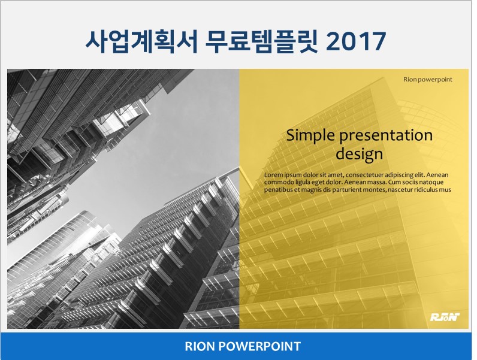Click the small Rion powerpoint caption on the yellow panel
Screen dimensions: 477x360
pyautogui.click(x=428, y=80)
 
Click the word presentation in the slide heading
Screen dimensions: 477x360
pyautogui.click(x=386, y=135)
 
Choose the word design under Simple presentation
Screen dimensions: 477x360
pyautogui.click(x=360, y=154)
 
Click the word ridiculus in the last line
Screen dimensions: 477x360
pyautogui.click(x=425, y=190)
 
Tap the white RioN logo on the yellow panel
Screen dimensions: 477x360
pyautogui.click(x=445, y=317)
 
